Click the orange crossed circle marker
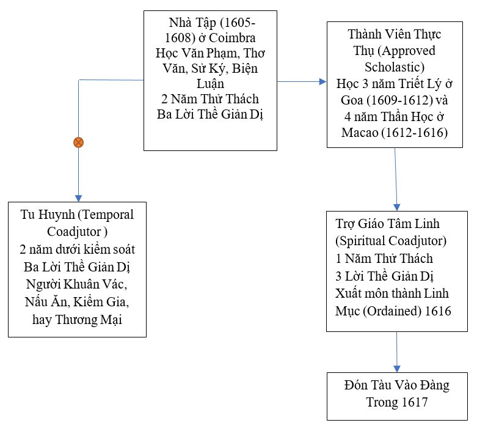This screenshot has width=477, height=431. click(78, 142)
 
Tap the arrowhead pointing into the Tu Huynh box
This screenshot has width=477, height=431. click(78, 196)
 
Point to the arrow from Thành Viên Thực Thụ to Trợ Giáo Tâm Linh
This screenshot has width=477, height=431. click(396, 177)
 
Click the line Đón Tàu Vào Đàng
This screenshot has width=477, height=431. click(396, 385)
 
